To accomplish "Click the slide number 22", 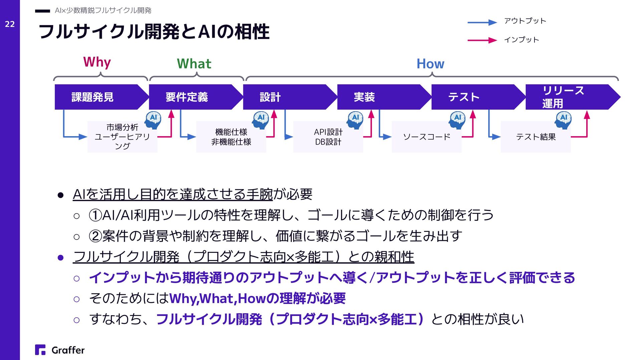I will click(10, 24).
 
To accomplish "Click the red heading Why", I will click(97, 62).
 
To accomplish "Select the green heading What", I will click(194, 64).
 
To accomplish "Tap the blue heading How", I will click(430, 64).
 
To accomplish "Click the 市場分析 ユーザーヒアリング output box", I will click(122, 137).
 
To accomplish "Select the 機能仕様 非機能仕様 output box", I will click(231, 137).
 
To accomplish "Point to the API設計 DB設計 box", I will click(328, 137).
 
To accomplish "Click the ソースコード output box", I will click(426, 137).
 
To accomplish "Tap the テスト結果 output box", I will click(536, 137).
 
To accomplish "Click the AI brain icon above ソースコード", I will click(457, 119).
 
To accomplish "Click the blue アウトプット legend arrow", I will click(482, 22).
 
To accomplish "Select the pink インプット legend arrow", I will click(482, 40).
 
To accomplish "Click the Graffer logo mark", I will click(40, 350).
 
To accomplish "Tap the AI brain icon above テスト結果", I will click(563, 119).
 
